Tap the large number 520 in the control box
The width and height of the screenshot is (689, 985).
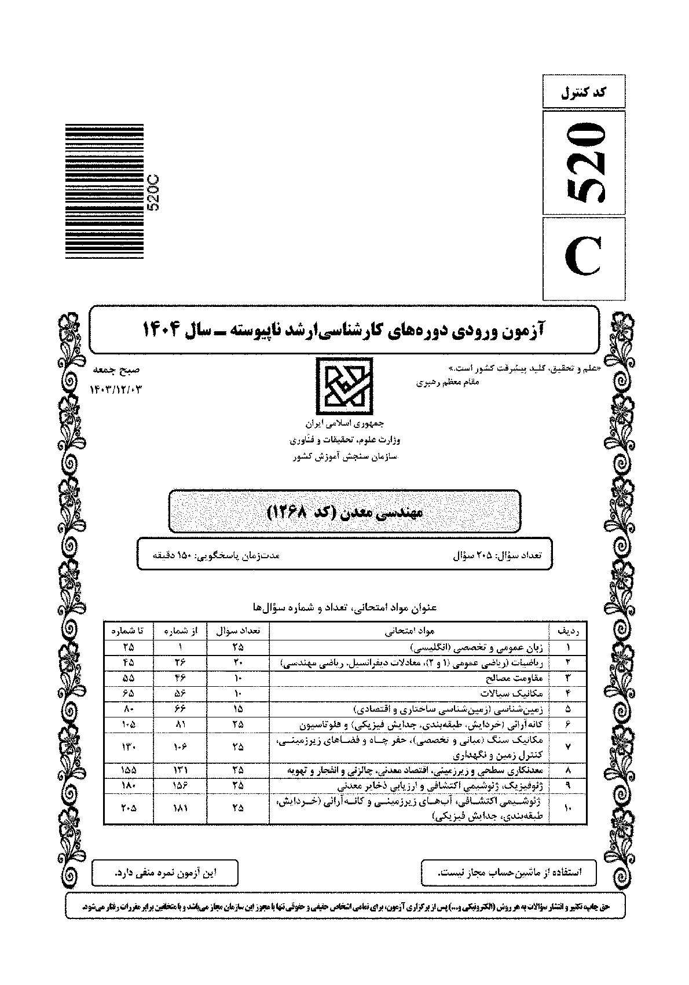coord(584,163)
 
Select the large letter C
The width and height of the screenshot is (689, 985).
coord(584,258)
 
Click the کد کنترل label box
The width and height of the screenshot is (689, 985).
coord(584,91)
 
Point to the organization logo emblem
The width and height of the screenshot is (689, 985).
coord(344,383)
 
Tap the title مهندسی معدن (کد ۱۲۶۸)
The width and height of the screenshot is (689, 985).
coord(345,512)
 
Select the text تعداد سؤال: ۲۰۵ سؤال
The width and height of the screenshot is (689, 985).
coord(496,555)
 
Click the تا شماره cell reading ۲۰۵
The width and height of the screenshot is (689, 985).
coord(128,809)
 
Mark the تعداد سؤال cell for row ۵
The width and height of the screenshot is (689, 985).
coord(238,709)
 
